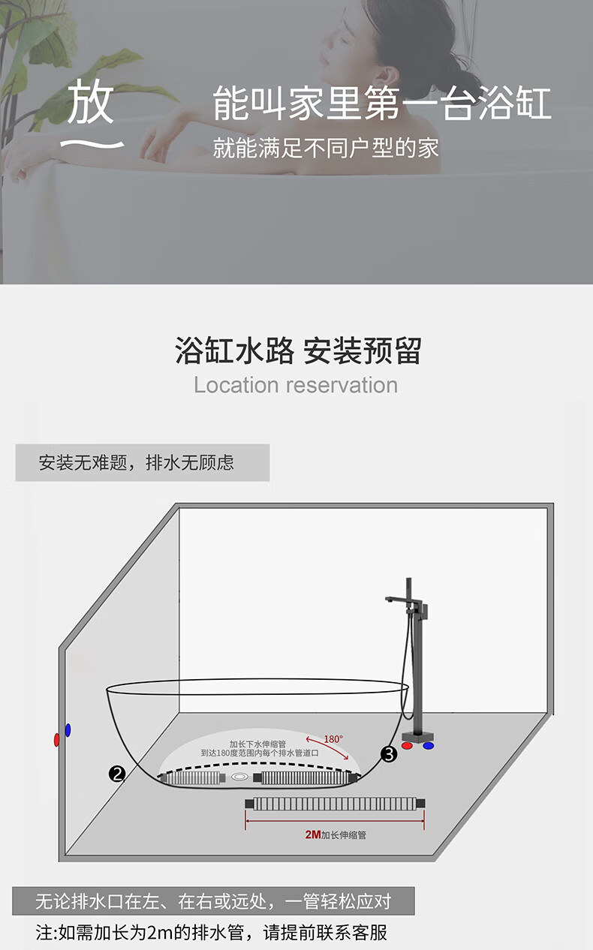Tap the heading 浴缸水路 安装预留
point(298,350)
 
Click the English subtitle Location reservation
point(296,385)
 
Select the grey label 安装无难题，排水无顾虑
point(142,462)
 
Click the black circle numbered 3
point(389,754)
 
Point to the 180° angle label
point(333,739)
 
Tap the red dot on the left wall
point(57,740)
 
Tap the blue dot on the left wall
point(68,729)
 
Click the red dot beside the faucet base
point(407,747)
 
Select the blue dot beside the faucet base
point(429,747)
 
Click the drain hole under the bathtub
point(240,776)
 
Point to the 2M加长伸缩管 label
point(336,834)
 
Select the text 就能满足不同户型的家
point(326,148)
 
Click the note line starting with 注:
point(212,933)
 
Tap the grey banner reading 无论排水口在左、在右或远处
point(213,901)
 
